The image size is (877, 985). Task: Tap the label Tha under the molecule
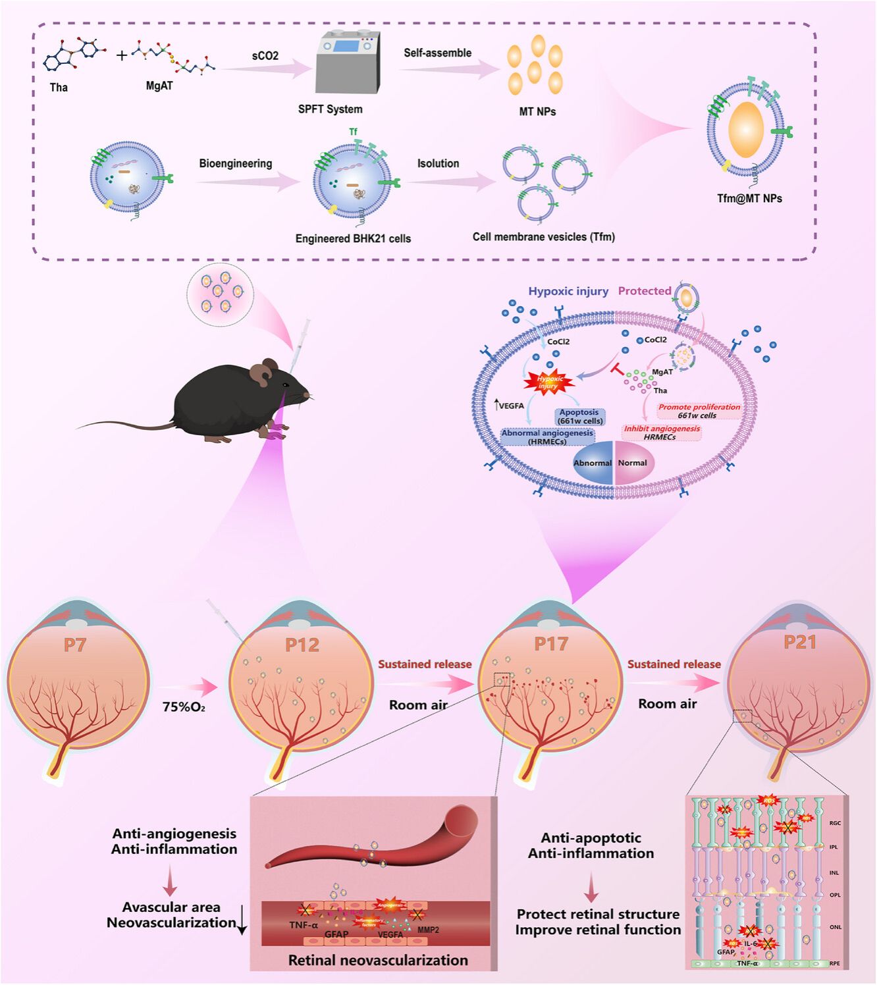(59, 88)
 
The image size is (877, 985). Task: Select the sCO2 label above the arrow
(265, 56)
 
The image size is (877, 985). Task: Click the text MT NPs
(537, 112)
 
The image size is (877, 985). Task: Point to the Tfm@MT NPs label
(749, 198)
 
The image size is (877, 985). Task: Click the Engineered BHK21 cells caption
(353, 238)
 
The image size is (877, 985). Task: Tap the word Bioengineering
(236, 163)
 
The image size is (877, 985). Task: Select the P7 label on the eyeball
(75, 645)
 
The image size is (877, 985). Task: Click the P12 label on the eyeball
(302, 645)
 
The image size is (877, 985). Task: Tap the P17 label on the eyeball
(550, 643)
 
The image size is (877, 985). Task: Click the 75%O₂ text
(184, 707)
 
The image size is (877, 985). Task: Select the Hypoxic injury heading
(568, 291)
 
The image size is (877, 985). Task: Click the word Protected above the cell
(645, 291)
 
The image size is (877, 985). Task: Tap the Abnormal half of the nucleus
(592, 463)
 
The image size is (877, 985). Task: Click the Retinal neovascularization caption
(378, 960)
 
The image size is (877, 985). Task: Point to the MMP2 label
(428, 930)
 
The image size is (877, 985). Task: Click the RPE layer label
(834, 963)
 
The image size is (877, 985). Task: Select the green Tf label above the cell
(353, 132)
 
